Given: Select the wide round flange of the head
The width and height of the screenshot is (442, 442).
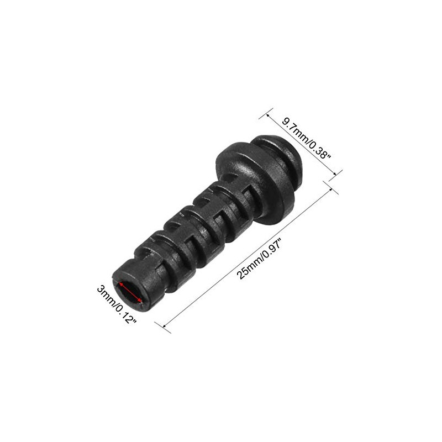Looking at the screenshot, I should pos(243,177).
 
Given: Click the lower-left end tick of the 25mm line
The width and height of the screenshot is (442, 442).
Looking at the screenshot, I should pos(166,328).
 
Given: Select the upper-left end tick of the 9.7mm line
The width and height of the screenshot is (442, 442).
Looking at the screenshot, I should pos(264,117).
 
